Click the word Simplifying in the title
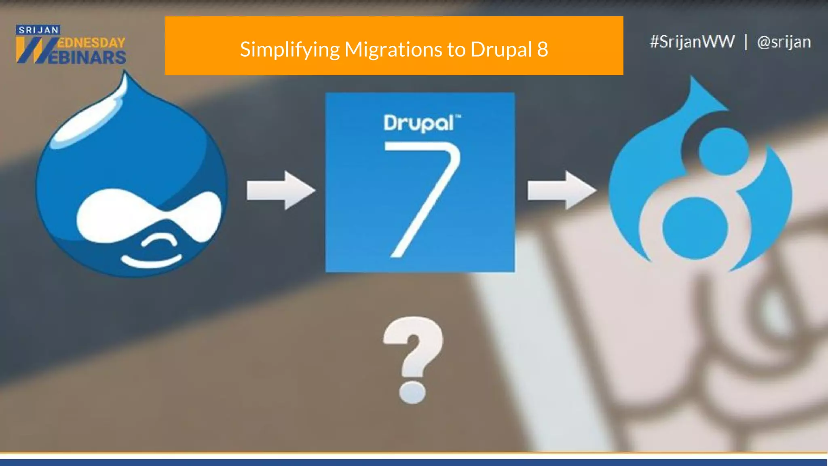pyautogui.click(x=289, y=50)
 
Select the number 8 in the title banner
pyautogui.click(x=542, y=49)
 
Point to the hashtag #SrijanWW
pyautogui.click(x=692, y=42)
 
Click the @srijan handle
pyautogui.click(x=784, y=42)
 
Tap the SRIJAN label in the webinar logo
pyautogui.click(x=38, y=30)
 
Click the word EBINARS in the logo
pyautogui.click(x=87, y=57)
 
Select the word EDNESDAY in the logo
pyautogui.click(x=91, y=43)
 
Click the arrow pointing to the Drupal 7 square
pyautogui.click(x=281, y=190)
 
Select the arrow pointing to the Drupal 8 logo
pyautogui.click(x=562, y=190)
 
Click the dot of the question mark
pyautogui.click(x=412, y=391)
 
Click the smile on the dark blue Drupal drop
pyautogui.click(x=152, y=261)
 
